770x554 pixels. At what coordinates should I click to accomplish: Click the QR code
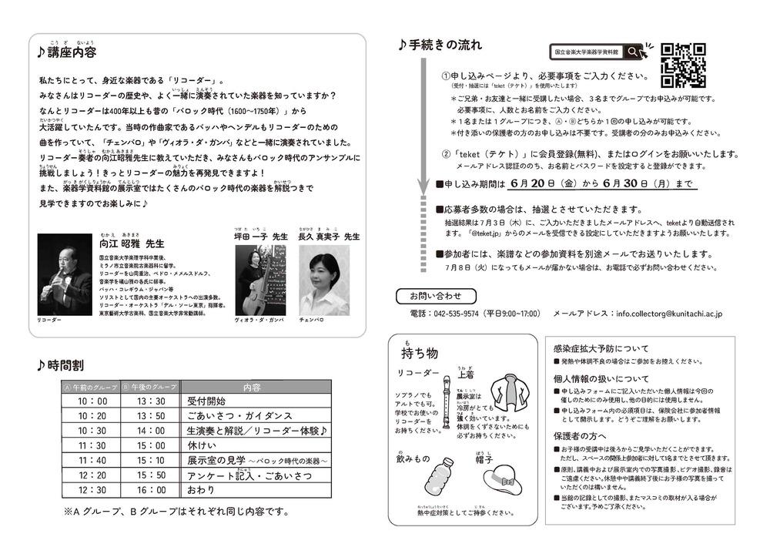684,63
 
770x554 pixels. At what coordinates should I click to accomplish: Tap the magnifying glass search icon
633,52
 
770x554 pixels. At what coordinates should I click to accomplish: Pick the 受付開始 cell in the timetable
206,401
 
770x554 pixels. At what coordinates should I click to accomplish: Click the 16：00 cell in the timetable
151,489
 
